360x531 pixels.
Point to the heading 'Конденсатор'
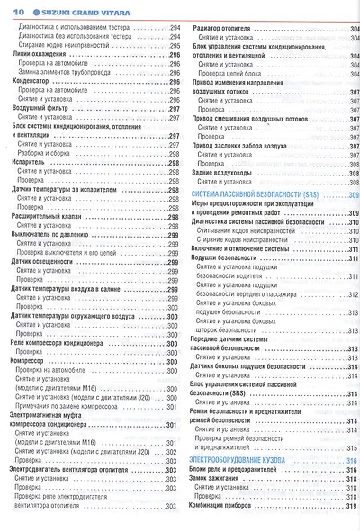(32, 82)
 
